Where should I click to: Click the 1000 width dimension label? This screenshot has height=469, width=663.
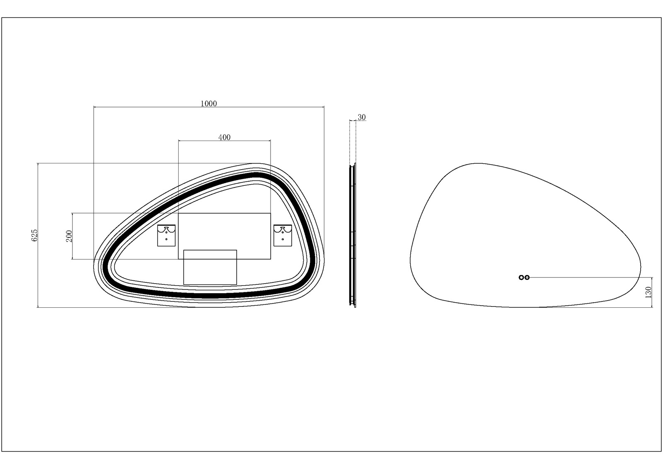[209, 103]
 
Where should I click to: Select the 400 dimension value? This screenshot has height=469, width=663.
[224, 137]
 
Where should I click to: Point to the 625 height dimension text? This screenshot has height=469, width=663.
[34, 235]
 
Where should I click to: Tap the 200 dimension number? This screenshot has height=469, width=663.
[69, 236]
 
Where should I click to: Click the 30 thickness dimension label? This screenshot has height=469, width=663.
[362, 117]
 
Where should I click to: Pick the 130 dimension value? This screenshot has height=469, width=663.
[648, 292]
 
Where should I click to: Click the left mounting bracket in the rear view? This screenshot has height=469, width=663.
[166, 235]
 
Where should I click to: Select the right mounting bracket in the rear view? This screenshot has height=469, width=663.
[283, 235]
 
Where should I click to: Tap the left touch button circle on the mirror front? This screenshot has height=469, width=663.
[521, 277]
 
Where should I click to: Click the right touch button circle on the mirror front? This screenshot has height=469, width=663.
[527, 277]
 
